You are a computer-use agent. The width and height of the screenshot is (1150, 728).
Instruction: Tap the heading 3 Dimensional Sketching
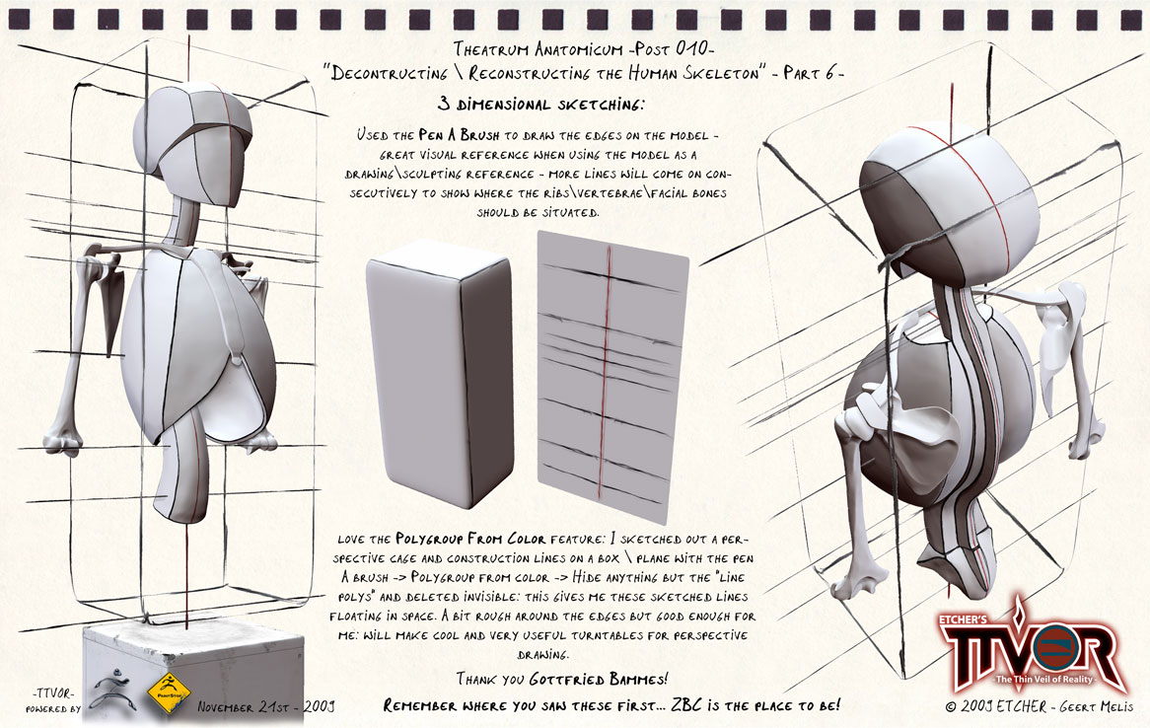(541, 105)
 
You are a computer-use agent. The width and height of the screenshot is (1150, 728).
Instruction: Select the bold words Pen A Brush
(460, 135)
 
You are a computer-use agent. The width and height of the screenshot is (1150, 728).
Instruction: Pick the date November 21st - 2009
(266, 707)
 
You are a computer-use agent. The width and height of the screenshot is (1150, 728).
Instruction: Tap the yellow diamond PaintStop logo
(169, 692)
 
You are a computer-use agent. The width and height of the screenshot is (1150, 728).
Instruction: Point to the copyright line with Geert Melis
(1040, 706)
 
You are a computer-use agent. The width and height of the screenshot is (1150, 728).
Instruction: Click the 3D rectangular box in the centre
(439, 375)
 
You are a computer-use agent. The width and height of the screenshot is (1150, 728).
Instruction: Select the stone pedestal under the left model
(193, 674)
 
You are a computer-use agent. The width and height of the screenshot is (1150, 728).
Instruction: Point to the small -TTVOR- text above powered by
(53, 693)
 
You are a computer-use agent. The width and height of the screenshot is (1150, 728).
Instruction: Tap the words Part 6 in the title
(814, 73)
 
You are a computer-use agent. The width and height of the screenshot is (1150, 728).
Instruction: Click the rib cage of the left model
(198, 345)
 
